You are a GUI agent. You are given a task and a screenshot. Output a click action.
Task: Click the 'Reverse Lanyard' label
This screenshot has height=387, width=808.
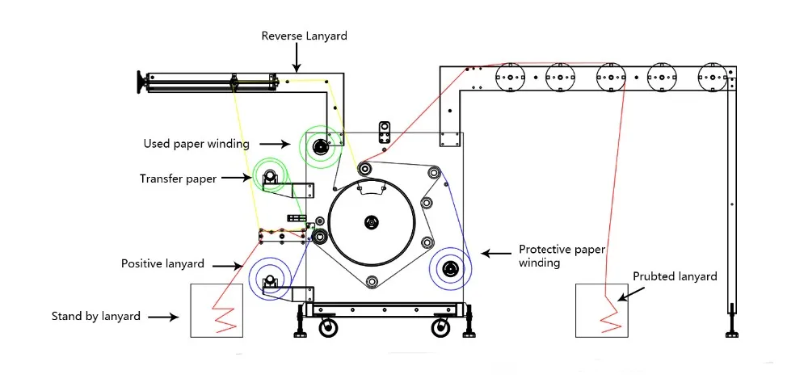point(304,36)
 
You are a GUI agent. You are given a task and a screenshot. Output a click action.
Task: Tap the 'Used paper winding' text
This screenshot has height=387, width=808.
point(196,144)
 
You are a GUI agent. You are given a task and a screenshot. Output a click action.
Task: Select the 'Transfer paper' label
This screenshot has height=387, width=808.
point(178,179)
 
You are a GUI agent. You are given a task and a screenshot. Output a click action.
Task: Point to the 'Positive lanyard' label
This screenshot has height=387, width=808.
point(162,264)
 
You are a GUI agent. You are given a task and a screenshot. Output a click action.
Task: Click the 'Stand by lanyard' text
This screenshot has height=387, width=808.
point(96,317)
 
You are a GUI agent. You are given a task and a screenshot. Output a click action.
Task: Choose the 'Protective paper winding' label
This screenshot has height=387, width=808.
point(562,256)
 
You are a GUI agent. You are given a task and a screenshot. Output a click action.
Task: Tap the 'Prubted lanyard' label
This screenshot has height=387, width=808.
point(675,277)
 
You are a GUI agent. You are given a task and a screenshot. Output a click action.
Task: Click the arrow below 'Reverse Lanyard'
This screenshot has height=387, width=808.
point(297,57)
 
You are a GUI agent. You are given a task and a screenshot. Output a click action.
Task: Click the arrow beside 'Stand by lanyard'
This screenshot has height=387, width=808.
point(164,317)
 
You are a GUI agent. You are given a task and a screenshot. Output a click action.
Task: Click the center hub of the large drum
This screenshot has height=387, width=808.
point(371,222)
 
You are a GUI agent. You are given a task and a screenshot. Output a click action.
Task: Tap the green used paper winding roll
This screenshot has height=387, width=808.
point(320,146)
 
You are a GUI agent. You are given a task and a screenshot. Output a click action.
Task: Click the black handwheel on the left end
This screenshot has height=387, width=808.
point(140,83)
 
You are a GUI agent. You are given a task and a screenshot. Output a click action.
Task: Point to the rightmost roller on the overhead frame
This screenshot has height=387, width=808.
point(712,78)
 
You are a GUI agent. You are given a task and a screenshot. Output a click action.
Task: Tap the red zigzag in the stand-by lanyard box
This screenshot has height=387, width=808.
point(224,318)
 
